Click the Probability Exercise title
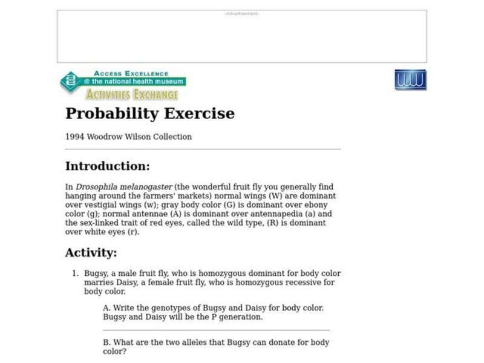click(149, 113)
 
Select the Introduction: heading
click(107, 166)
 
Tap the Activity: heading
click(91, 252)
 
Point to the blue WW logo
click(410, 80)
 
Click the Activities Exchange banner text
click(132, 94)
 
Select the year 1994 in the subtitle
click(75, 137)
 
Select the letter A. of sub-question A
click(107, 308)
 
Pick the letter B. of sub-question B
click(107, 342)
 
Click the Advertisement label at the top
click(241, 13)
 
